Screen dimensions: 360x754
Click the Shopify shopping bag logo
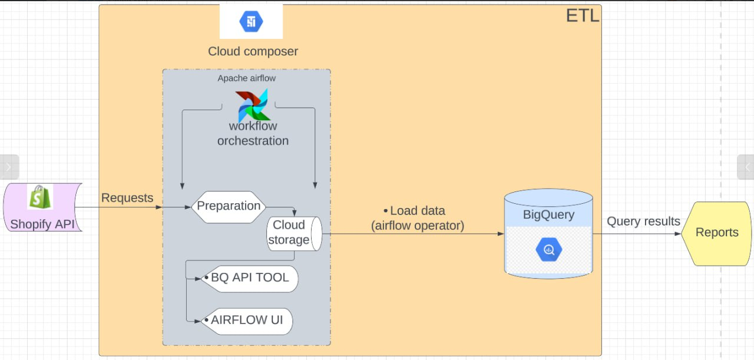40,197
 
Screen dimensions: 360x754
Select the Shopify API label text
46,224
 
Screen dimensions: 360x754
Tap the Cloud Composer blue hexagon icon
251,22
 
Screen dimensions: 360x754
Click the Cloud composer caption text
253,51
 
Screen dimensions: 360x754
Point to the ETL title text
582,16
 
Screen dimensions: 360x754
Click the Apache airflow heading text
246,78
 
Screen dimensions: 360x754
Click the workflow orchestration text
253,134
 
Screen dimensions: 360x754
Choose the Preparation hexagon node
229,206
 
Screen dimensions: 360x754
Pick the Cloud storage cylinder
293,233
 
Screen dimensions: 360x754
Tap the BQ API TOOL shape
249,278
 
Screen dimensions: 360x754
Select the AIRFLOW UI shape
246,321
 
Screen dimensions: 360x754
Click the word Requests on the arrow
127,198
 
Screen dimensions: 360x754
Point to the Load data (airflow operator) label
417,218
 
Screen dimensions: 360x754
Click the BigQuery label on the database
548,214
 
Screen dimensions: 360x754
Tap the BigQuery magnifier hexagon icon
548,250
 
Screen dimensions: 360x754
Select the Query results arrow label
643,222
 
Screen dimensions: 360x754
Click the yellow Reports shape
716,233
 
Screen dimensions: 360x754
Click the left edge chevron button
9,167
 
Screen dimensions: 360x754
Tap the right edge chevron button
746,167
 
